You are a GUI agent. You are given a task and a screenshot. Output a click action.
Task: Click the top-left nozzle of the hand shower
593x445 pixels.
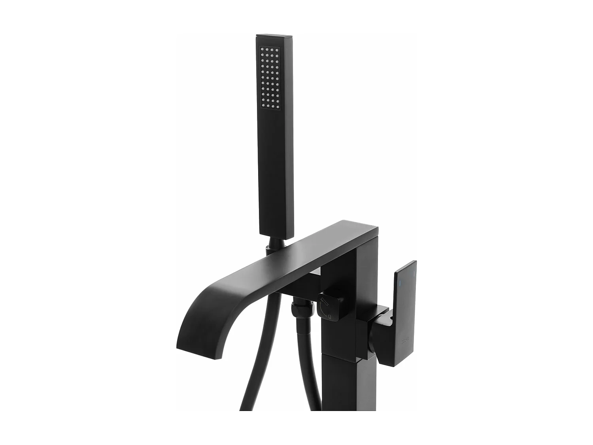tap(262, 50)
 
